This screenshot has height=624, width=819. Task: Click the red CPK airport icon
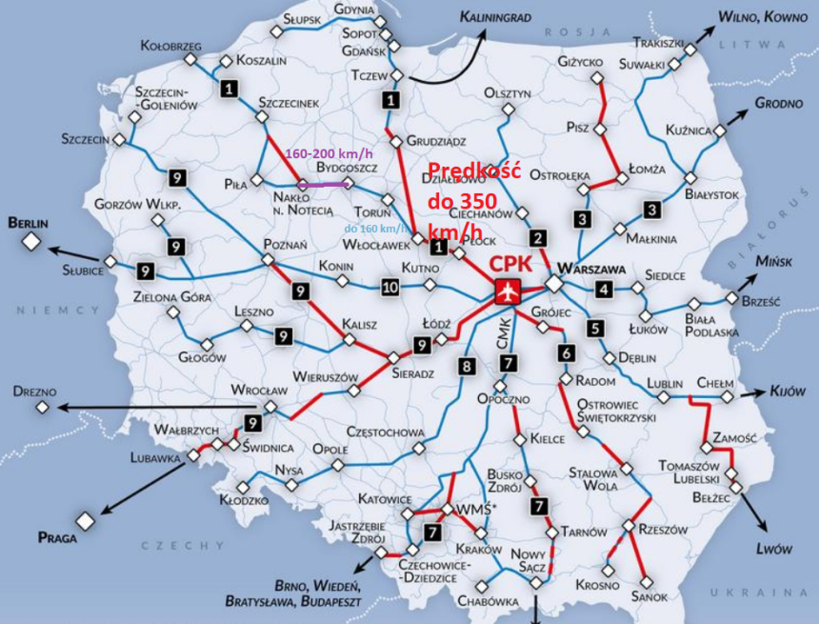pos(507,292)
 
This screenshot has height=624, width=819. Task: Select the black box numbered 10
pos(390,287)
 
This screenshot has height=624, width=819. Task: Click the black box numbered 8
pos(466,365)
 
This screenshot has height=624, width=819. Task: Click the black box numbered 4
pos(604,289)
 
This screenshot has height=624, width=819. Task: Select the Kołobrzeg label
pos(170,45)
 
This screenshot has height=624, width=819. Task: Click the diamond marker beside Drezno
pos(42,408)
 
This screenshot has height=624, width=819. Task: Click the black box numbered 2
pos(539,238)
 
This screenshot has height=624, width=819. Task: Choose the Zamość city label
pos(733,437)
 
